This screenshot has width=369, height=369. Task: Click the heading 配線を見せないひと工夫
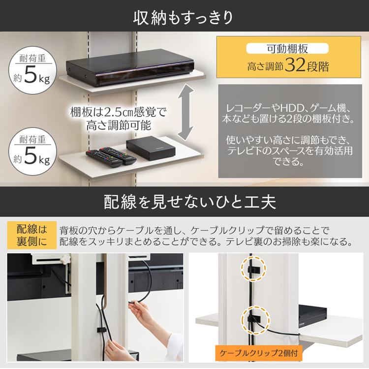point(184,201)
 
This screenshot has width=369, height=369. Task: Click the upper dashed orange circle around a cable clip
point(252,269)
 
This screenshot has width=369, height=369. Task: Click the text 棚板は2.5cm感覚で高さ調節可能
point(118,118)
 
